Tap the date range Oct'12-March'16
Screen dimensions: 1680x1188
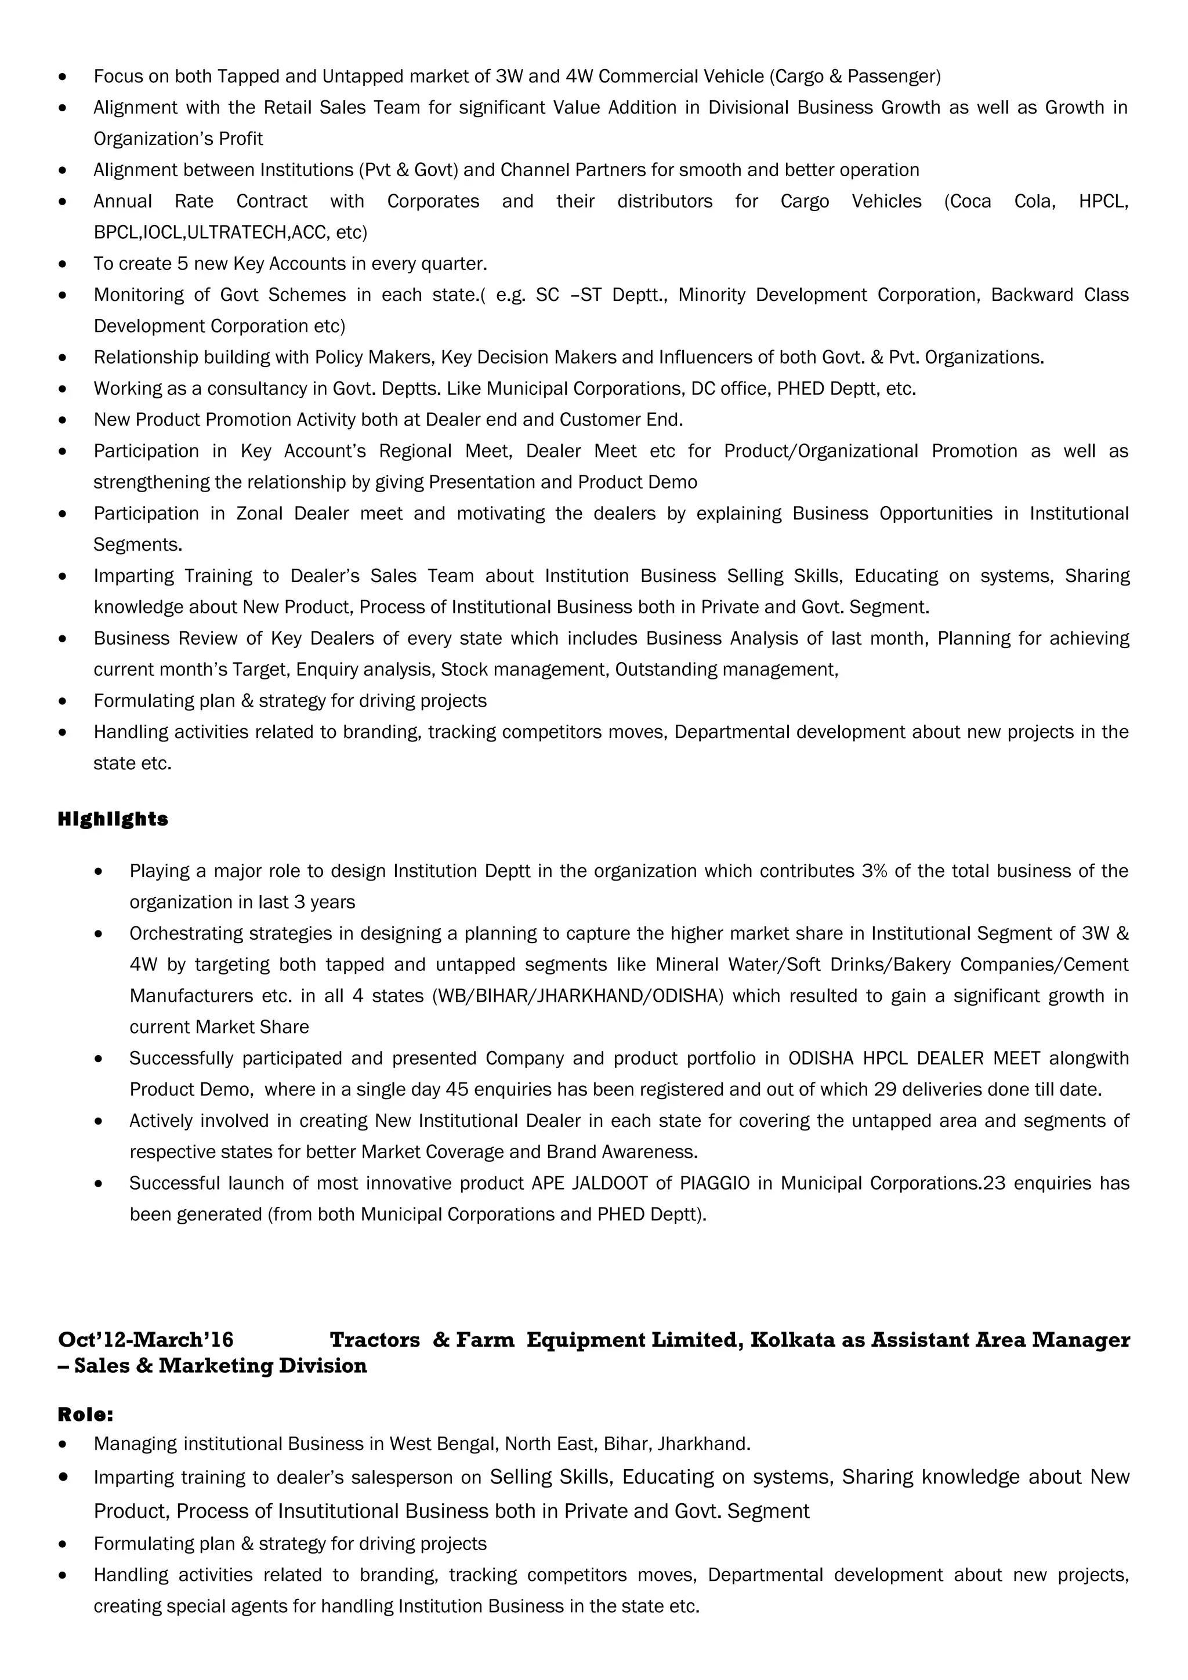pos(146,1340)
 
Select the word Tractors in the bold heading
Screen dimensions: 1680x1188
pos(375,1340)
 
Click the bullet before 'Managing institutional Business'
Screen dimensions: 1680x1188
pos(63,1445)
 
